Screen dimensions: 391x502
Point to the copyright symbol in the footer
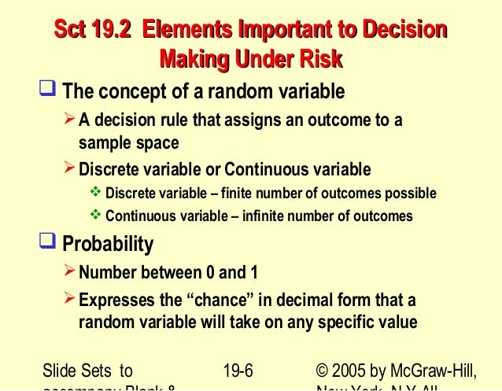click(321, 370)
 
